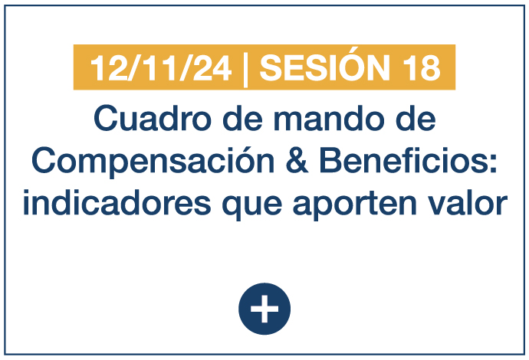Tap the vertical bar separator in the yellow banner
pos(245,70)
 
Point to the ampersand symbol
pos(297,160)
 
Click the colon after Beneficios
pos(494,164)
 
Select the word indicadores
pos(117,202)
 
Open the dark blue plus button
pos(264,309)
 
